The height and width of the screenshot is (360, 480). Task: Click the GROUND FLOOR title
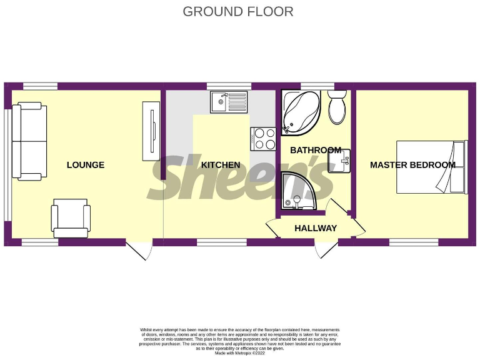[238, 11]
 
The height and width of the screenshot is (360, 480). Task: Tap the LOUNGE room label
[86, 165]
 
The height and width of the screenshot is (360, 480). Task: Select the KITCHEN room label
[221, 165]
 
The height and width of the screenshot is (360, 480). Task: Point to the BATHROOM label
[316, 150]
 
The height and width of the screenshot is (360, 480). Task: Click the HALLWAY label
[316, 228]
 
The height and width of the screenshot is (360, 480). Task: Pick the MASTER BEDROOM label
[412, 165]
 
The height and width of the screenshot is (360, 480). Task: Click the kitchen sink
[229, 101]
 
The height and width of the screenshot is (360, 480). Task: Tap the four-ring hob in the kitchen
[263, 139]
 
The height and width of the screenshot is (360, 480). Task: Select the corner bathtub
[301, 111]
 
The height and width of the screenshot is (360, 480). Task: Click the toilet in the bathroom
[337, 107]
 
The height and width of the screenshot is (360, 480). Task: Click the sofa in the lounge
[29, 141]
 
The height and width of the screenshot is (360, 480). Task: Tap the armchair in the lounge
[71, 217]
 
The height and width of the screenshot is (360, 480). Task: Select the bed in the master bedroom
[431, 166]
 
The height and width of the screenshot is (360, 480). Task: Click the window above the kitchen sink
[229, 86]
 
